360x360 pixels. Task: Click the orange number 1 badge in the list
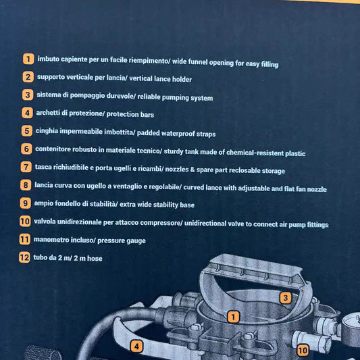pos(28,59)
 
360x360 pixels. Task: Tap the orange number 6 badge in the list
pos(26,149)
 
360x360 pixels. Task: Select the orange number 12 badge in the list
pos(24,257)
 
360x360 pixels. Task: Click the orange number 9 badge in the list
pos(26,203)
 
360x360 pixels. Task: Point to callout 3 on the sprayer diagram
pos(286,298)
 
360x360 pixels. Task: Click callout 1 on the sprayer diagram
pos(233,317)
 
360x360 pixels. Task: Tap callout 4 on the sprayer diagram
pos(136,346)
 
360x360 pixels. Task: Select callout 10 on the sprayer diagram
pos(303,351)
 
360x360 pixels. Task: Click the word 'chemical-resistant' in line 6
pos(255,153)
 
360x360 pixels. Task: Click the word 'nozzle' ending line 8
pos(317,189)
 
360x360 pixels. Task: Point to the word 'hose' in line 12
pos(95,258)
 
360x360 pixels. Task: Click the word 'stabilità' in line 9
pos(103,204)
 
